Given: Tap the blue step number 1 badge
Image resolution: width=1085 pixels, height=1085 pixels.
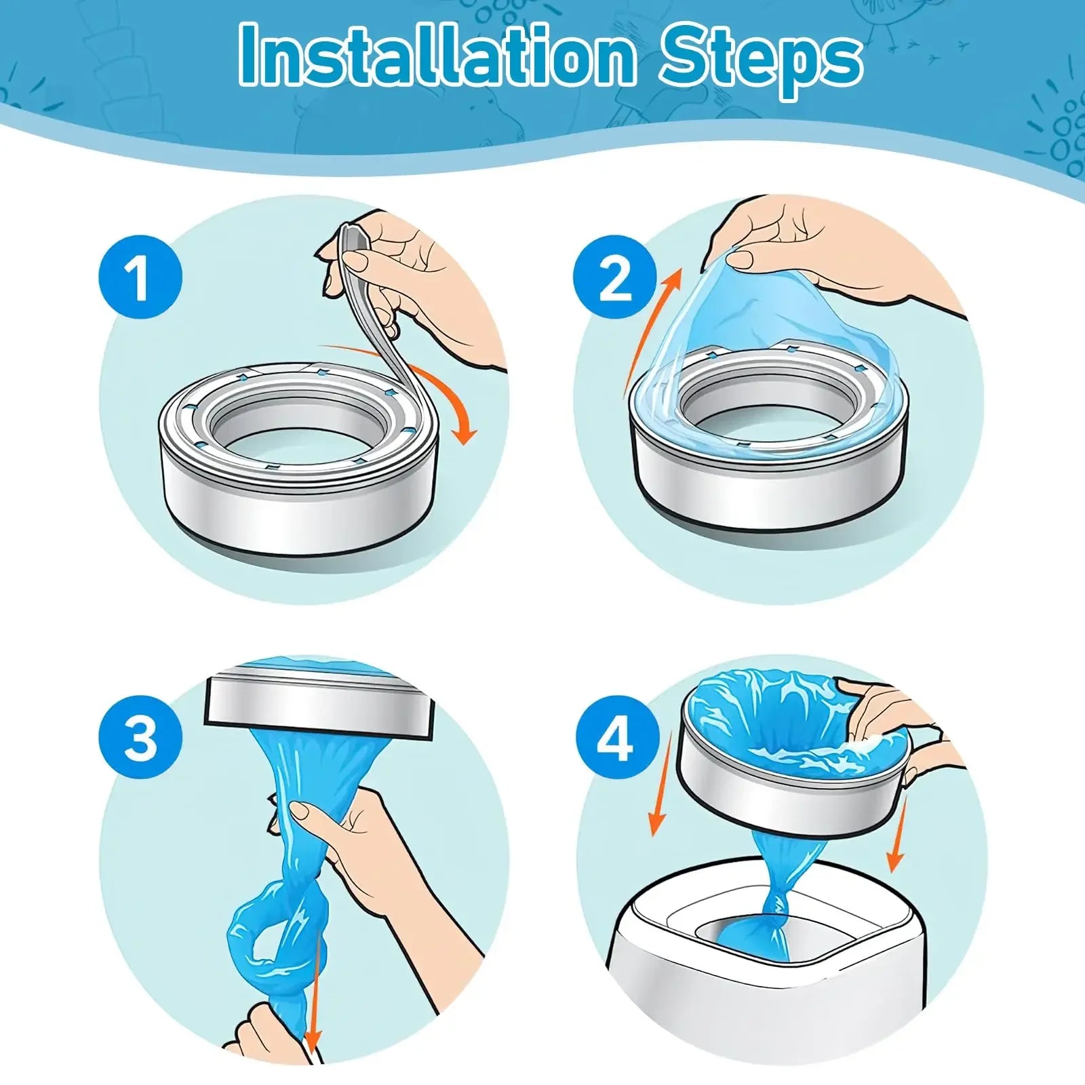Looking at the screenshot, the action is (x=140, y=276).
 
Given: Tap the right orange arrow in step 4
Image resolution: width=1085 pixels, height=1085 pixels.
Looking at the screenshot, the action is (x=899, y=838).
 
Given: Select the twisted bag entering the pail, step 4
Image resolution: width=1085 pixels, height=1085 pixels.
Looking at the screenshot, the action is (x=780, y=895).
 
